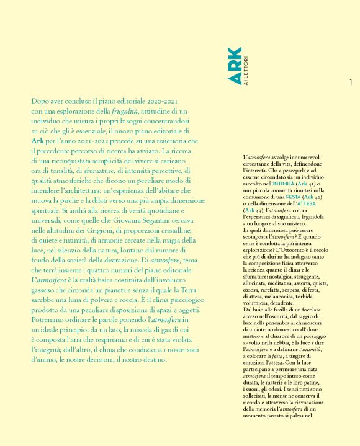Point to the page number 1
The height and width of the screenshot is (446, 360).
click(x=351, y=82)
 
